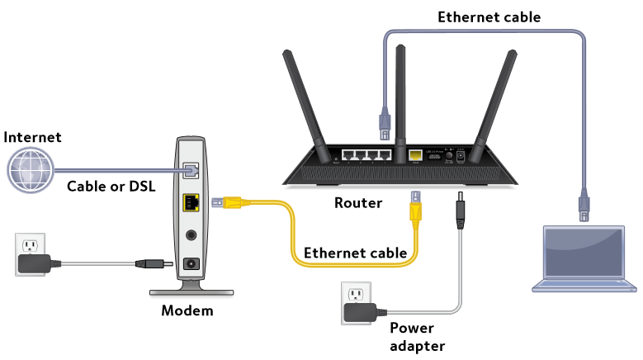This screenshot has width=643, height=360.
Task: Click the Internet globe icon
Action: [30, 170]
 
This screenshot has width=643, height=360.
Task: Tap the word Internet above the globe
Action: [32, 137]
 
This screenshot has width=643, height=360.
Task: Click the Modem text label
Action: [187, 311]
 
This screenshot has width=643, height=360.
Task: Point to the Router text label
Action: [357, 202]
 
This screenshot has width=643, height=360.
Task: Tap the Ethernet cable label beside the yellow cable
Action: [356, 253]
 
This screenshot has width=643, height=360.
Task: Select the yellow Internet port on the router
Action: [416, 154]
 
